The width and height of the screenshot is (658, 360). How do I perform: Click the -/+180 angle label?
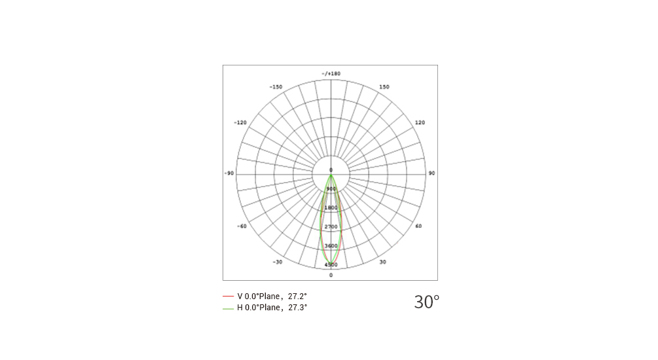coord(331,74)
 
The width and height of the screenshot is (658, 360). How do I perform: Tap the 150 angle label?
coord(384,87)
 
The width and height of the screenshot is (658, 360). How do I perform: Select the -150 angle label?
coord(276,87)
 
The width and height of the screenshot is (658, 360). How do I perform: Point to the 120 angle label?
coord(420,123)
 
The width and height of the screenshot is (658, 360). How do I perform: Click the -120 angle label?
coord(240,123)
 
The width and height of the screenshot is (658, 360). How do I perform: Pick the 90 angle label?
coord(431,173)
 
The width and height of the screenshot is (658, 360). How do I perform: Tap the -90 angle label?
coord(228,173)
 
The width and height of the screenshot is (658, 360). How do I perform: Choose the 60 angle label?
coord(418,226)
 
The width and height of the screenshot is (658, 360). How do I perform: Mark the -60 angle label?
coord(242,226)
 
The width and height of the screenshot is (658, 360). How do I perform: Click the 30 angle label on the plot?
coord(383,262)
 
